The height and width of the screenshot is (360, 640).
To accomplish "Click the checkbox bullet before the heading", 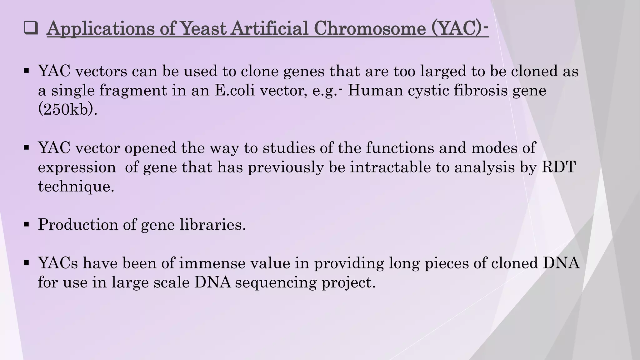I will [31, 29].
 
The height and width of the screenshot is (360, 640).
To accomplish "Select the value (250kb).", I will [67, 110].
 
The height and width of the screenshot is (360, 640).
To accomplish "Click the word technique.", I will [76, 187].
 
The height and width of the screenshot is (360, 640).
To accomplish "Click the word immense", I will [212, 263].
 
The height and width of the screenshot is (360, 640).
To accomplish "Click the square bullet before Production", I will [26, 224].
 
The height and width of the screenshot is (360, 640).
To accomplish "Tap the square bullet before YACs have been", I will [26, 262].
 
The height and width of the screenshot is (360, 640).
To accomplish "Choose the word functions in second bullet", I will [400, 148].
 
